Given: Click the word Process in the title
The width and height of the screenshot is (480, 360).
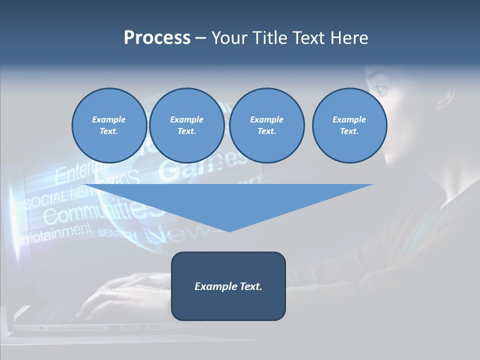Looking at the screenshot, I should click(x=157, y=38).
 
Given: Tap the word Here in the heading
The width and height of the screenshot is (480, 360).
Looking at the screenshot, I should click(x=350, y=38).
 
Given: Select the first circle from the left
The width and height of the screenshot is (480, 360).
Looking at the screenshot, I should click(x=109, y=125).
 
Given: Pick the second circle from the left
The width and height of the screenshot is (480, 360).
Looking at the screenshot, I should click(x=186, y=125).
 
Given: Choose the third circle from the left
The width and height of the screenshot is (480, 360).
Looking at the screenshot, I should click(x=266, y=125).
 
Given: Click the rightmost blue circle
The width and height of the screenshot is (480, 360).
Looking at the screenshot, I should click(x=349, y=125).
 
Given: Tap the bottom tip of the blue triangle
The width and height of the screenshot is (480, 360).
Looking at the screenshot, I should click(x=228, y=231).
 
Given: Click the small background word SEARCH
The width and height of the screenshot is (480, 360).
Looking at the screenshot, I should click(x=117, y=233).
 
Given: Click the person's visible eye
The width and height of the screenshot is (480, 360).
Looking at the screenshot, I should click(x=381, y=90).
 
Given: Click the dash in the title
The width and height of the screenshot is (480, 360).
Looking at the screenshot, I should click(x=200, y=38).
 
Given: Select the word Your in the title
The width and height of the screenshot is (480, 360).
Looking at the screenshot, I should click(x=229, y=38).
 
